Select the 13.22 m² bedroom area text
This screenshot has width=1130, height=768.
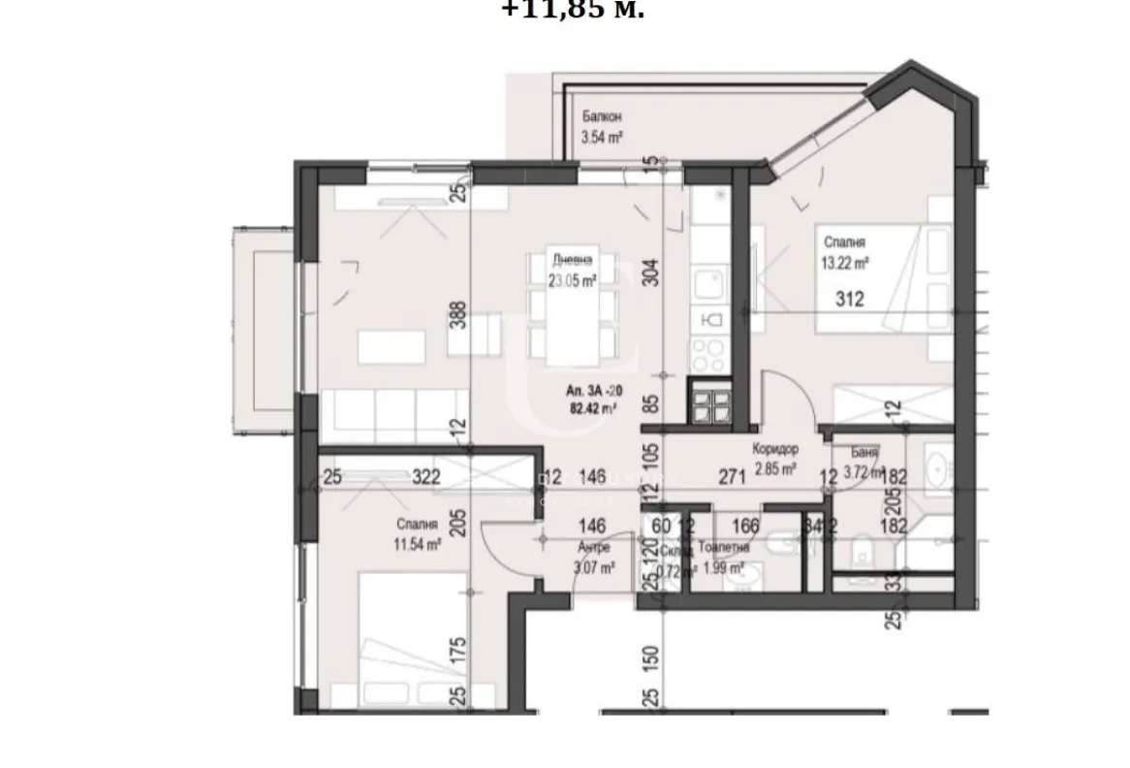[846, 262]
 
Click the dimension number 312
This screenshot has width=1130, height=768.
[849, 301]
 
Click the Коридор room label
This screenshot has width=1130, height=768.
[774, 451]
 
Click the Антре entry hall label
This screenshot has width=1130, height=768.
[596, 548]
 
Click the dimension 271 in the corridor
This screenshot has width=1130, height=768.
[732, 476]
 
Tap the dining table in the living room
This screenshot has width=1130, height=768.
[572, 310]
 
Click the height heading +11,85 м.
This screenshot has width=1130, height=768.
[573, 10]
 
